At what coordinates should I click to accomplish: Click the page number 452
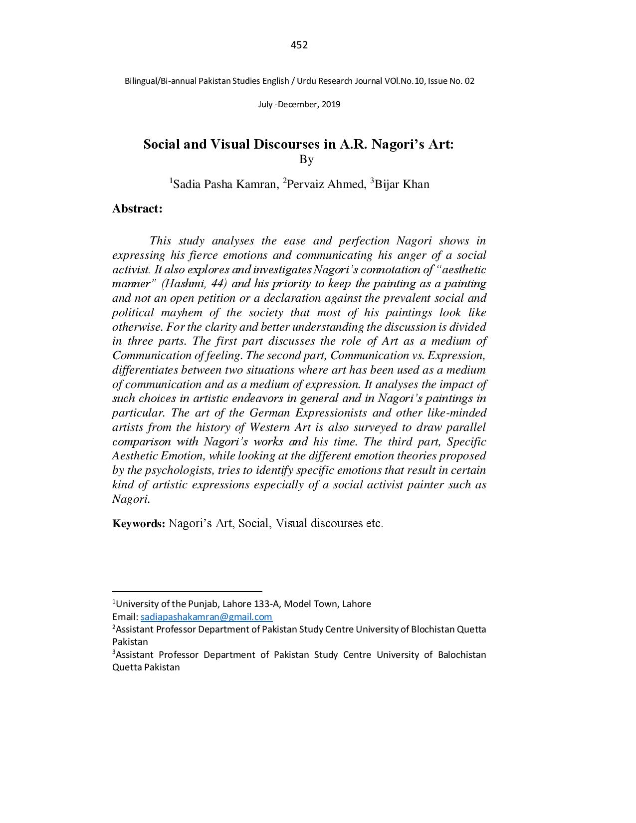tap(299, 45)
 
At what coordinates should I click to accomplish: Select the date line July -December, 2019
tap(299, 104)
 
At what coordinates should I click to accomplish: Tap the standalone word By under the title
tap(306, 160)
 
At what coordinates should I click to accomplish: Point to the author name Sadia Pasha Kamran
tap(224, 184)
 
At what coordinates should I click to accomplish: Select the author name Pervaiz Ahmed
tap(326, 184)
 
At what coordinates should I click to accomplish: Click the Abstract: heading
tap(137, 208)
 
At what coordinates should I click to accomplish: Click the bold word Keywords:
tap(139, 523)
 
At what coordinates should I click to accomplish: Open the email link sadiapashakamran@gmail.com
tap(206, 617)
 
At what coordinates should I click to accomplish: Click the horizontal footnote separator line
tap(187, 591)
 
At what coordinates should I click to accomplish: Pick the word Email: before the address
tap(125, 617)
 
